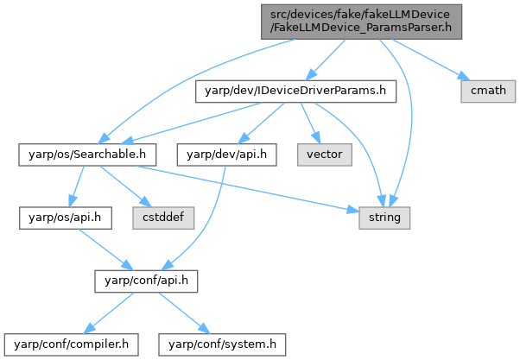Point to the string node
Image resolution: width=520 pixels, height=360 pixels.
tap(384, 218)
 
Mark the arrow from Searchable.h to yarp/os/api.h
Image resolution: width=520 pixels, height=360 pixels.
tap(78, 186)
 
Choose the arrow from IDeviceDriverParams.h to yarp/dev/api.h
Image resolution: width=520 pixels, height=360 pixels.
tap(256, 121)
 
